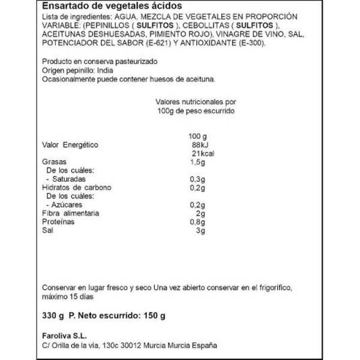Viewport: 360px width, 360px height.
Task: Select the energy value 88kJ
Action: pyautogui.click(x=197, y=145)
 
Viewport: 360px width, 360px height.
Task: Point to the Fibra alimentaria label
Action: pyautogui.click(x=70, y=214)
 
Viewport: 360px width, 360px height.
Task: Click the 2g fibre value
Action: pyautogui.click(x=200, y=214)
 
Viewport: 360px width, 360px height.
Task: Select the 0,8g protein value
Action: pyautogui.click(x=198, y=222)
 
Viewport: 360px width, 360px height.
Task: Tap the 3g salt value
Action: pyautogui.click(x=200, y=230)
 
